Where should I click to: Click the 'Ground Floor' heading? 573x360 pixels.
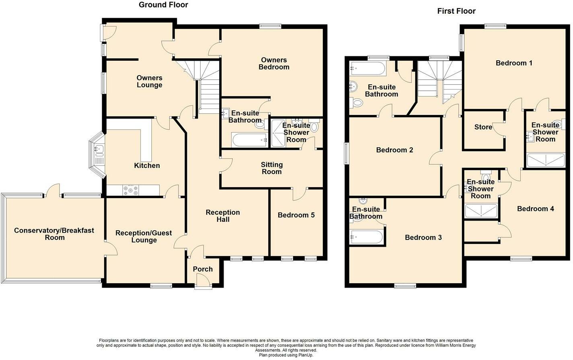tap(163, 5)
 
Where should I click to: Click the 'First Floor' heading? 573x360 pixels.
tap(456, 11)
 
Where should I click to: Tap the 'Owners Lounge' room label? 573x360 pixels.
tap(149, 81)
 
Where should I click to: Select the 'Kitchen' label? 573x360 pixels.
tap(147, 166)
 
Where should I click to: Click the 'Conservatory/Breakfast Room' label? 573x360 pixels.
tap(54, 234)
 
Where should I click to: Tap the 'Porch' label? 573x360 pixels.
tap(203, 269)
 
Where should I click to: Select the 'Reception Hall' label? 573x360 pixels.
tap(223, 216)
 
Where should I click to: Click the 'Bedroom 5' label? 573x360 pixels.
tap(296, 215)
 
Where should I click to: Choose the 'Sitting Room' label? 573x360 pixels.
tap(271, 168)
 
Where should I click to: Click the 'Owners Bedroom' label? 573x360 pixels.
tap(274, 63)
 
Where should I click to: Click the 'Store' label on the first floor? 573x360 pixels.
tap(483, 127)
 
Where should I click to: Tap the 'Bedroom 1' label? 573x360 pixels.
tap(514, 63)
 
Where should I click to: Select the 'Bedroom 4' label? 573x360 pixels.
tap(535, 209)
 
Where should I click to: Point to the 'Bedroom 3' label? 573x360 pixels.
tap(423, 237)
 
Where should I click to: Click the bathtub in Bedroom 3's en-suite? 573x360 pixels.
tap(366, 237)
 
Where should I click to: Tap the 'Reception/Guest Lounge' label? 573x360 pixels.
tap(144, 236)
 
